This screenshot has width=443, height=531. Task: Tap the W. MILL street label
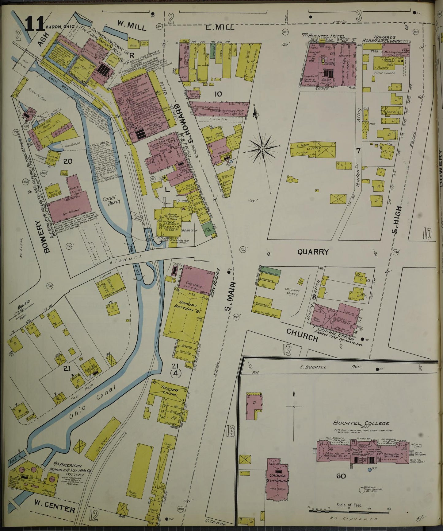coord(132,25)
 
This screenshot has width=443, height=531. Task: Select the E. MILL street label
coord(220,27)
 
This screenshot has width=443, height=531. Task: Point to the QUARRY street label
coord(313,252)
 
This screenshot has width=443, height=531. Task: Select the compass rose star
coord(262,149)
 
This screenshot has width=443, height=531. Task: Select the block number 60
coord(341,476)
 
